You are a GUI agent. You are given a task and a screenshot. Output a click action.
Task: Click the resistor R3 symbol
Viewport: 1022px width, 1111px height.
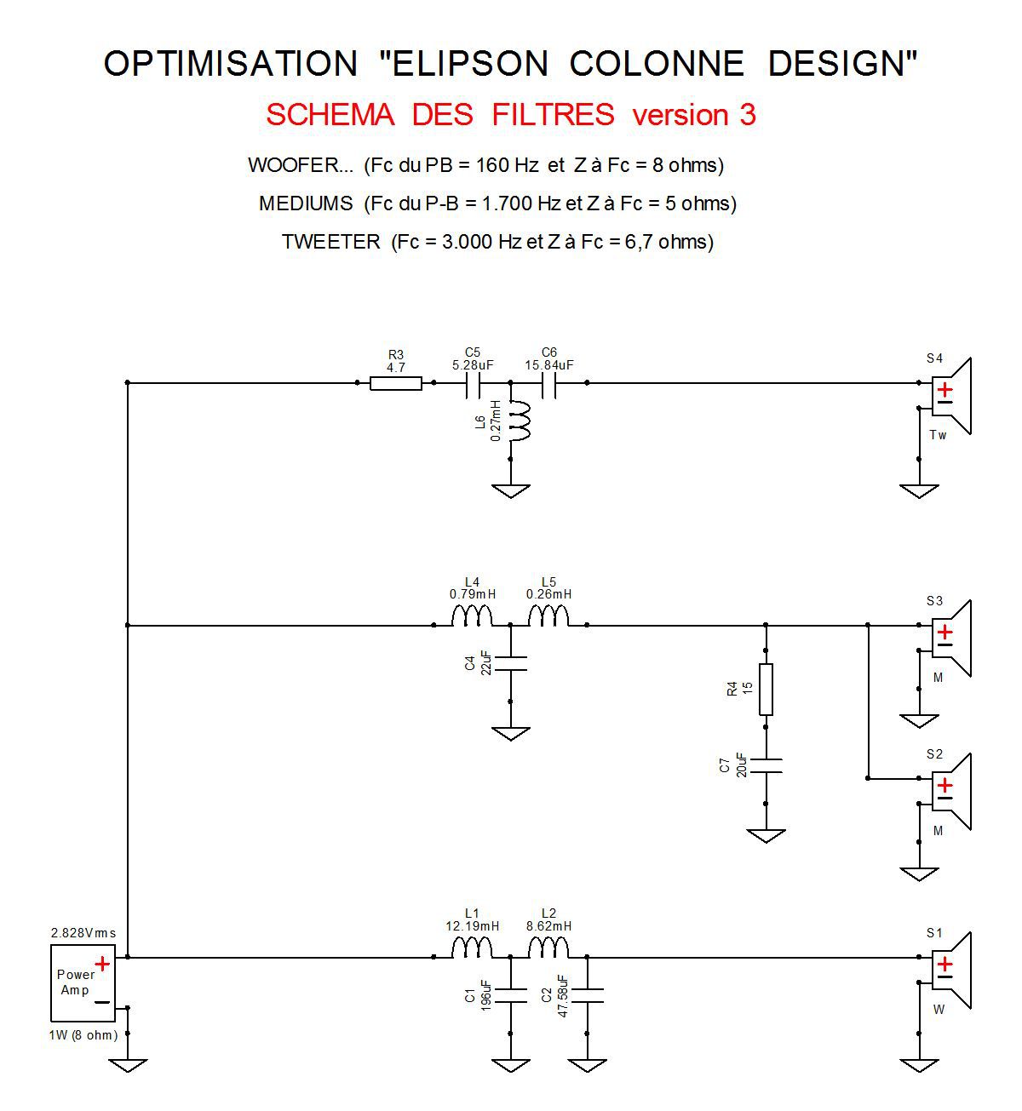395,383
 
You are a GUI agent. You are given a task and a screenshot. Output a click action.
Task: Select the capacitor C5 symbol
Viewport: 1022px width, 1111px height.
472,383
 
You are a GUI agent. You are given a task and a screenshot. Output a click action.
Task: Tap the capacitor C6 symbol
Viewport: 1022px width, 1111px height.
548,383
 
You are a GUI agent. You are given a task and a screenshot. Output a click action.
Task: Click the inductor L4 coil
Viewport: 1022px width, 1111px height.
472,616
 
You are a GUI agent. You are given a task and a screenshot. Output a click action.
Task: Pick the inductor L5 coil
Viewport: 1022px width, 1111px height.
548,616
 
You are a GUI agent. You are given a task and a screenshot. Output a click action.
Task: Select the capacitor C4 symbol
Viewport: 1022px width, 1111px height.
510,663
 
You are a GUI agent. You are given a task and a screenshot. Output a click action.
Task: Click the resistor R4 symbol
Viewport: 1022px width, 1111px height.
766,689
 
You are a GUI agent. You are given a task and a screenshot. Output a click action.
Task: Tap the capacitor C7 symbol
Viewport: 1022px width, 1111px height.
766,765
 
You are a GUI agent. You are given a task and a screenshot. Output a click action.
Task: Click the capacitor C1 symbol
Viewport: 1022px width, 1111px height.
510,995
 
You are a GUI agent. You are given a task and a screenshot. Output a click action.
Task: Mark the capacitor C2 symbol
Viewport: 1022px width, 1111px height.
587,995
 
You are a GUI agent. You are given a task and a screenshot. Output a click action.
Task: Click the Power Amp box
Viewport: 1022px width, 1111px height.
83,982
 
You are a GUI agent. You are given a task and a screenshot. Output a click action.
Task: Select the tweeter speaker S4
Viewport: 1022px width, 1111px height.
951,395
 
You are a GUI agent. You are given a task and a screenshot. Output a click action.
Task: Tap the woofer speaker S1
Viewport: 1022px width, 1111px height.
951,971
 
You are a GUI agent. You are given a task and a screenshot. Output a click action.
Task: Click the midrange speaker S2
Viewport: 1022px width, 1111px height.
951,792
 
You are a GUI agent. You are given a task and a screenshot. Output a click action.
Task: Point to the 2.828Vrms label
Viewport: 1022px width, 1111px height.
83,933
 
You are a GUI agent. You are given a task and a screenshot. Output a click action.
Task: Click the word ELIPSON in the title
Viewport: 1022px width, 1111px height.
469,63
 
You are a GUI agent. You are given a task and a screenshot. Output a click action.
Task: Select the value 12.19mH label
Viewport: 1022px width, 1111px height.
472,926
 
